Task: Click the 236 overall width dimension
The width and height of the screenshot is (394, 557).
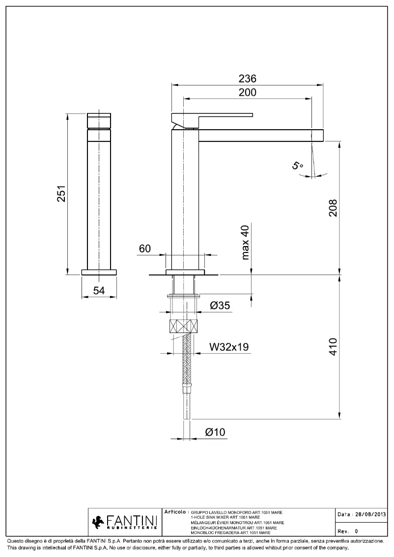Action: tap(248, 79)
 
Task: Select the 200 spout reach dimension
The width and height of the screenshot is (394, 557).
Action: tap(248, 92)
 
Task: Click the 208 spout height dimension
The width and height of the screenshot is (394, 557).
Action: tap(332, 208)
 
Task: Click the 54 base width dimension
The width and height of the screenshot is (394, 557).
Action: tap(99, 290)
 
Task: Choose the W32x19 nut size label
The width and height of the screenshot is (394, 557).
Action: tap(229, 347)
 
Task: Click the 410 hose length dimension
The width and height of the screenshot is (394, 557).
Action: tap(332, 347)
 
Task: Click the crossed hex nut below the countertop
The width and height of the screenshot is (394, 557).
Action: tap(185, 327)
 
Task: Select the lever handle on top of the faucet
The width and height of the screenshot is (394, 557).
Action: tap(211, 118)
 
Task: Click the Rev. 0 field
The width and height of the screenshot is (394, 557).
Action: tap(348, 531)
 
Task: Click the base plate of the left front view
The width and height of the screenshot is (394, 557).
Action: tap(99, 272)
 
